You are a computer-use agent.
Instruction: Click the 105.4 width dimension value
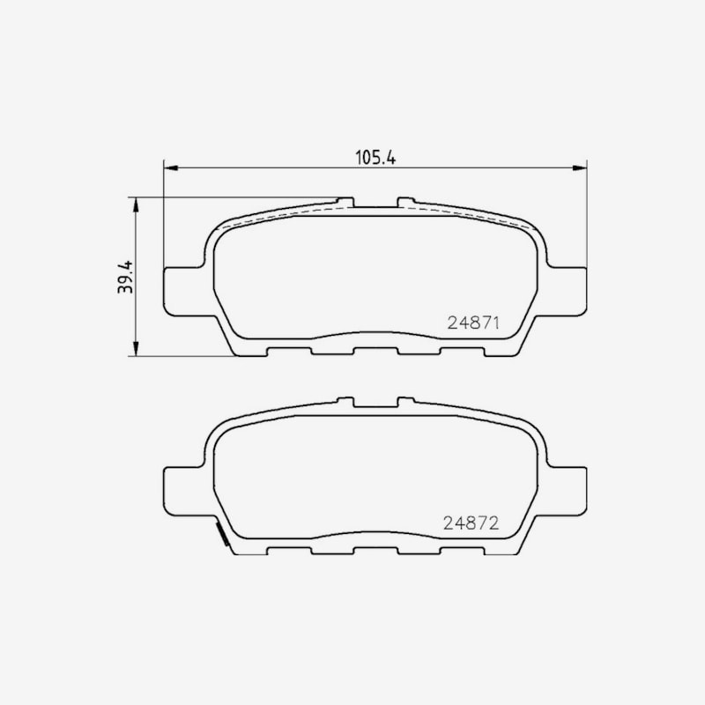(x=375, y=158)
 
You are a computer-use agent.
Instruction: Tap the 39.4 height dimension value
(x=125, y=277)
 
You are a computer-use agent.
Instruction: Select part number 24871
(x=473, y=323)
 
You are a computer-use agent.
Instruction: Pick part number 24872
(x=471, y=523)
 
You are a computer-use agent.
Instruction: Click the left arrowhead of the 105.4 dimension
(x=171, y=167)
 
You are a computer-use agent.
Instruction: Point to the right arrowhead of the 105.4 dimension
(x=580, y=167)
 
